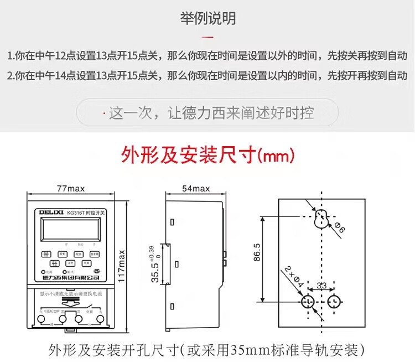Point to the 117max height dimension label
click(x=122, y=266)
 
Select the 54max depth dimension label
click(x=196, y=189)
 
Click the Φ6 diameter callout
click(x=339, y=227)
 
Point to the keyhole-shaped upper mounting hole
click(x=321, y=218)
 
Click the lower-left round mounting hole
click(x=308, y=302)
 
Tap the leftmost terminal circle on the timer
click(x=44, y=319)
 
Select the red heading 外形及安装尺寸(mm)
click(x=207, y=156)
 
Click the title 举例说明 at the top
click(x=207, y=18)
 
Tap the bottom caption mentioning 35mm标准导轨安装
click(x=207, y=349)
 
